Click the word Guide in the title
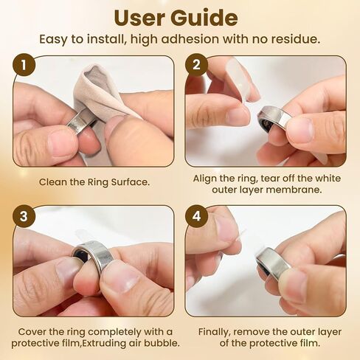click(204, 18)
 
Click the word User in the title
click(139, 18)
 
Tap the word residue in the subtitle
click(294, 39)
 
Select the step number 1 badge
click(24, 65)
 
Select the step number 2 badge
click(196, 65)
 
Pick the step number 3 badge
click(24, 216)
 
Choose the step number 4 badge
click(196, 216)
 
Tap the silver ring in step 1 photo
click(81, 121)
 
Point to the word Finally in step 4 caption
click(215, 332)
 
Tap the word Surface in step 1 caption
click(131, 182)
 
